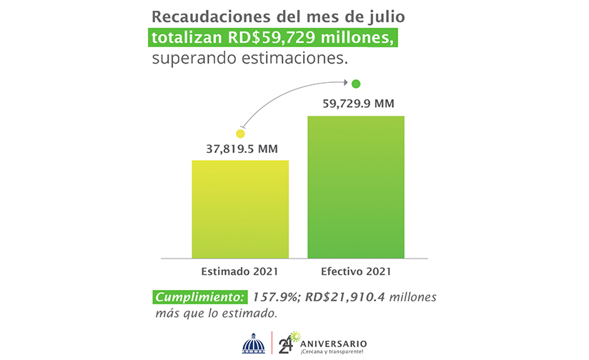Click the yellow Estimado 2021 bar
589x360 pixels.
coord(240,209)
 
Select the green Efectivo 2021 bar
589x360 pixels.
coord(356,186)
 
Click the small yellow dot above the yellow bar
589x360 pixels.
coord(240,134)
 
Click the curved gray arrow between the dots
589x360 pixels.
coord(286,93)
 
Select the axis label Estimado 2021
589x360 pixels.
coord(239,272)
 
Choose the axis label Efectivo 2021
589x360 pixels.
coord(356,272)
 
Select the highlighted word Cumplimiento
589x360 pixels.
coord(200,296)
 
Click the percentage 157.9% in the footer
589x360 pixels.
coord(275,296)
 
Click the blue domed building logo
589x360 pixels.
coord(253,344)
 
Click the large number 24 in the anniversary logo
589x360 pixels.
coord(286,344)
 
